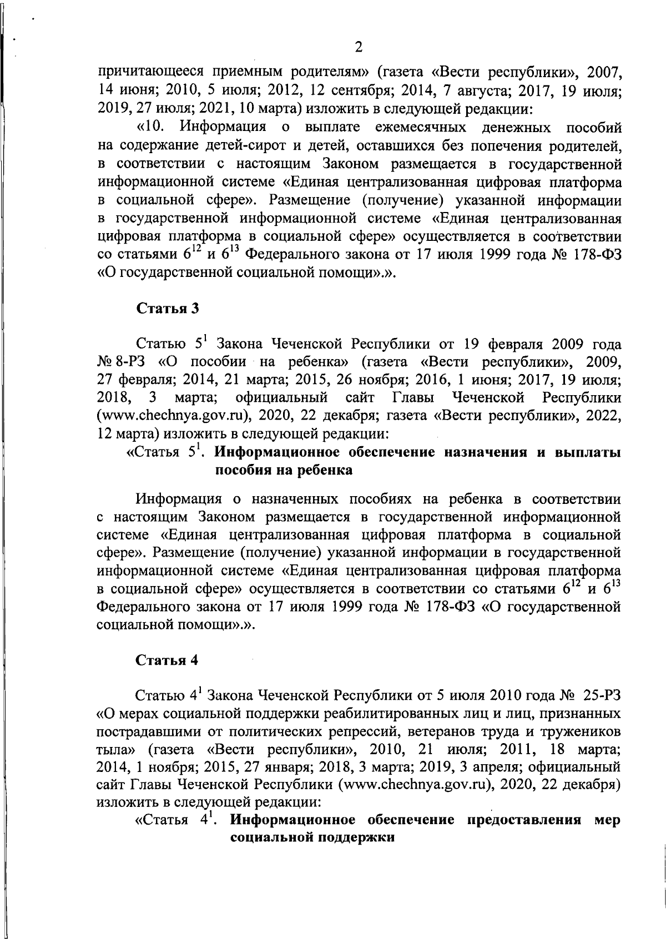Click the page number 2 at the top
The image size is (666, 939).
pyautogui.click(x=358, y=47)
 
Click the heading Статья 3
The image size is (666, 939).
pyautogui.click(x=167, y=309)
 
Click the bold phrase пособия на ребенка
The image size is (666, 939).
pyautogui.click(x=284, y=471)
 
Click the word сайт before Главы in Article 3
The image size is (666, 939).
pyautogui.click(x=360, y=398)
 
